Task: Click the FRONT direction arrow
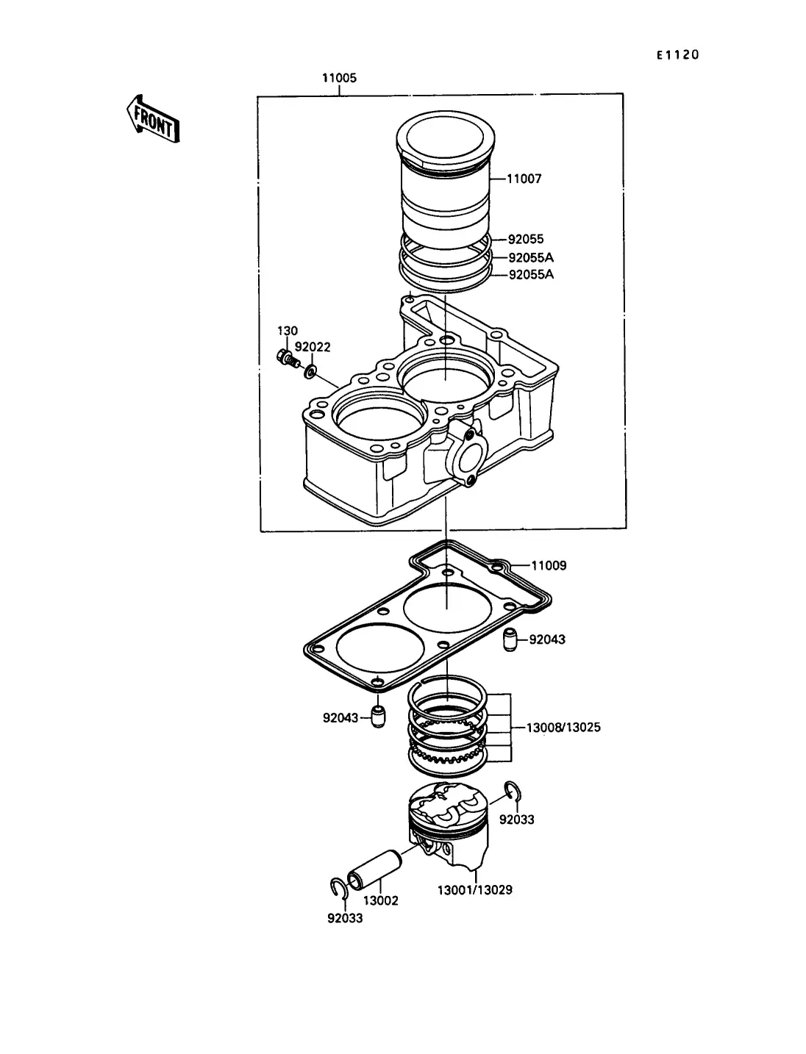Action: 153,119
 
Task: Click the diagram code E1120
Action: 678,55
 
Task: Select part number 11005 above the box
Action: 339,78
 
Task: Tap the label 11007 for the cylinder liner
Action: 524,179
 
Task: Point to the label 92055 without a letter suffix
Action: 526,239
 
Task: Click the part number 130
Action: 288,331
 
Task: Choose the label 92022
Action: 313,347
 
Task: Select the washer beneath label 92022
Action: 310,371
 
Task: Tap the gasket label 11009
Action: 549,566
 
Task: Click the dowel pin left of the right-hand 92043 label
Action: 510,639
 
